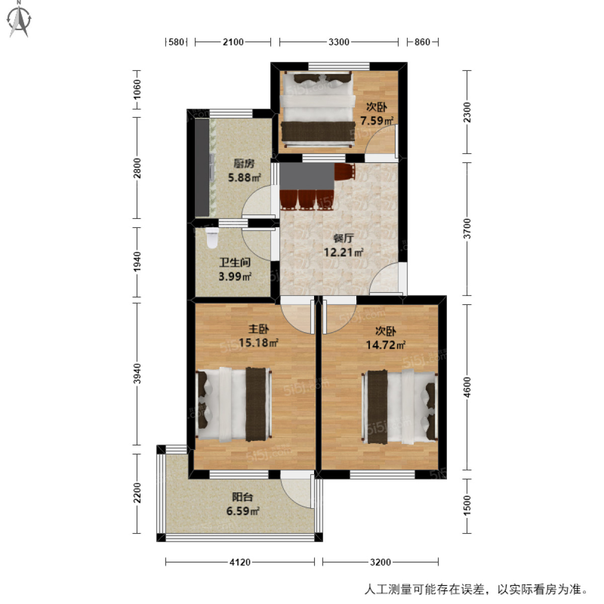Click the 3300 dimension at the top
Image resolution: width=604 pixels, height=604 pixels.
click(339, 42)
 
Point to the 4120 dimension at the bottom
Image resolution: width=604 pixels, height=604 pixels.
click(240, 562)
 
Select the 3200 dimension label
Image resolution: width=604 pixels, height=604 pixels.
click(380, 562)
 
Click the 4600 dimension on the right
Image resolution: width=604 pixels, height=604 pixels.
click(467, 388)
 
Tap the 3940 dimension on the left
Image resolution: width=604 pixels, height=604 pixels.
click(137, 374)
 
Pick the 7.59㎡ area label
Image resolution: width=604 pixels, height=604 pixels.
click(376, 121)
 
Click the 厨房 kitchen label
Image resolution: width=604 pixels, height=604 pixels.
click(244, 164)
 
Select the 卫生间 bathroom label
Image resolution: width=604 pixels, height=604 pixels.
click(235, 263)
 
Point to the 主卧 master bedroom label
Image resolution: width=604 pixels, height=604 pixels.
click(259, 330)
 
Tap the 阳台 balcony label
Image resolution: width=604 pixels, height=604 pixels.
click(243, 497)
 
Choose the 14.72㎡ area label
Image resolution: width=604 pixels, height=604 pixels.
click(386, 345)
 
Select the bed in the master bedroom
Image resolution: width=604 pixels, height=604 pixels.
click(234, 404)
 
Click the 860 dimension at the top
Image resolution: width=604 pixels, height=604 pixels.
click(422, 42)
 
